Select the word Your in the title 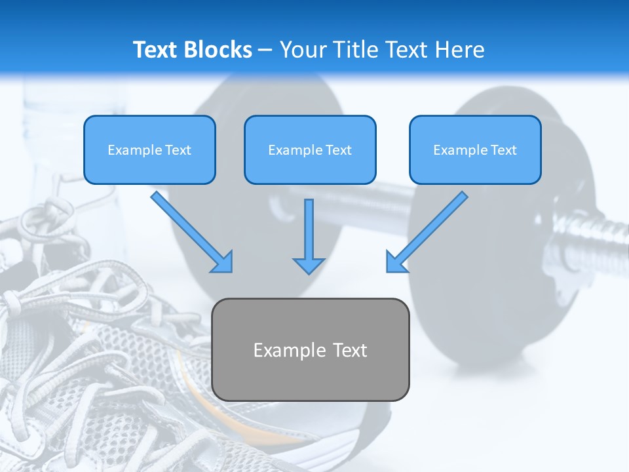(303, 50)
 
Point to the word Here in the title (459, 50)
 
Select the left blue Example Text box (149, 149)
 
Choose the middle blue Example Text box (310, 149)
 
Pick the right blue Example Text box (475, 149)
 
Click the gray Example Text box (311, 349)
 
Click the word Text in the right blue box (504, 150)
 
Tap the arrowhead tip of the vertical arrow (309, 271)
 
